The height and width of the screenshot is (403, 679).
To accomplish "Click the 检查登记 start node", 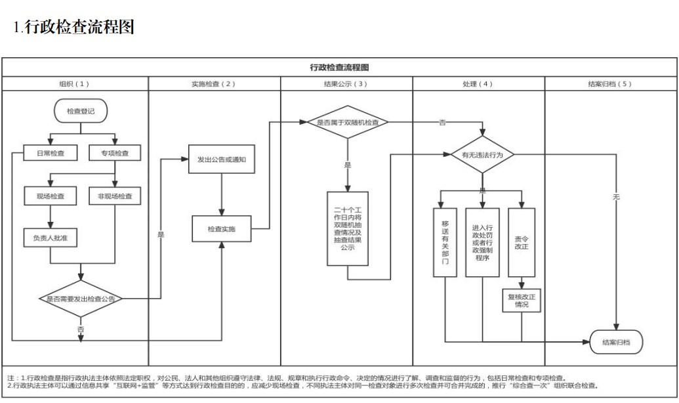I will (81, 112).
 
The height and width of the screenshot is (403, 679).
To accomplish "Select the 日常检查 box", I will (51, 153).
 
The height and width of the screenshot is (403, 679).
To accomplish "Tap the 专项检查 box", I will (115, 153).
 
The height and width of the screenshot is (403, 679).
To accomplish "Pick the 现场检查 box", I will (51, 196).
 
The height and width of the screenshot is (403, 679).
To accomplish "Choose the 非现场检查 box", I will (115, 196).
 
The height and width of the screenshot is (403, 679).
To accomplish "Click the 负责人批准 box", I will (51, 238).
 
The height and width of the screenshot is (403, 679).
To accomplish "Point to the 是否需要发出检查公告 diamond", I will (81, 299).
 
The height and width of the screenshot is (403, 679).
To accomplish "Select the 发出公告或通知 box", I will (221, 159).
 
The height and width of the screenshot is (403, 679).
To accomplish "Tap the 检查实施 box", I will (221, 229).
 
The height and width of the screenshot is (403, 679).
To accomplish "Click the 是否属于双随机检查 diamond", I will (348, 122).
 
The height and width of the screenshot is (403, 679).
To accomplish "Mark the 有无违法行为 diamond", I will (482, 155).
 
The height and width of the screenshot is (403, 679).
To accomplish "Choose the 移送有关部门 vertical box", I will (445, 242).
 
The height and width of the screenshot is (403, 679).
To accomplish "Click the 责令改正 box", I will (522, 242).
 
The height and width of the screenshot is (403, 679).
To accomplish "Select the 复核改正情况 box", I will (522, 301).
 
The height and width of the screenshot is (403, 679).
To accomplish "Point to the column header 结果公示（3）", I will (346, 84).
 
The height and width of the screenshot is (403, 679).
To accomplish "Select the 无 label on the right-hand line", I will (615, 197).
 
